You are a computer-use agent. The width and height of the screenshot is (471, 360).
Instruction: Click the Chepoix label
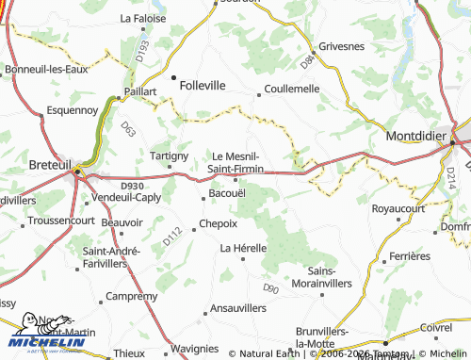[218, 224]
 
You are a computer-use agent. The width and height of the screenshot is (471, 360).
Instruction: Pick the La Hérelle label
[243, 248]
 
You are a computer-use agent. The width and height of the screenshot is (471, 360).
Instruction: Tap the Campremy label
[132, 296]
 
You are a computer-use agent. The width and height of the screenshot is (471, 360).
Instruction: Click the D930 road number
[131, 187]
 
